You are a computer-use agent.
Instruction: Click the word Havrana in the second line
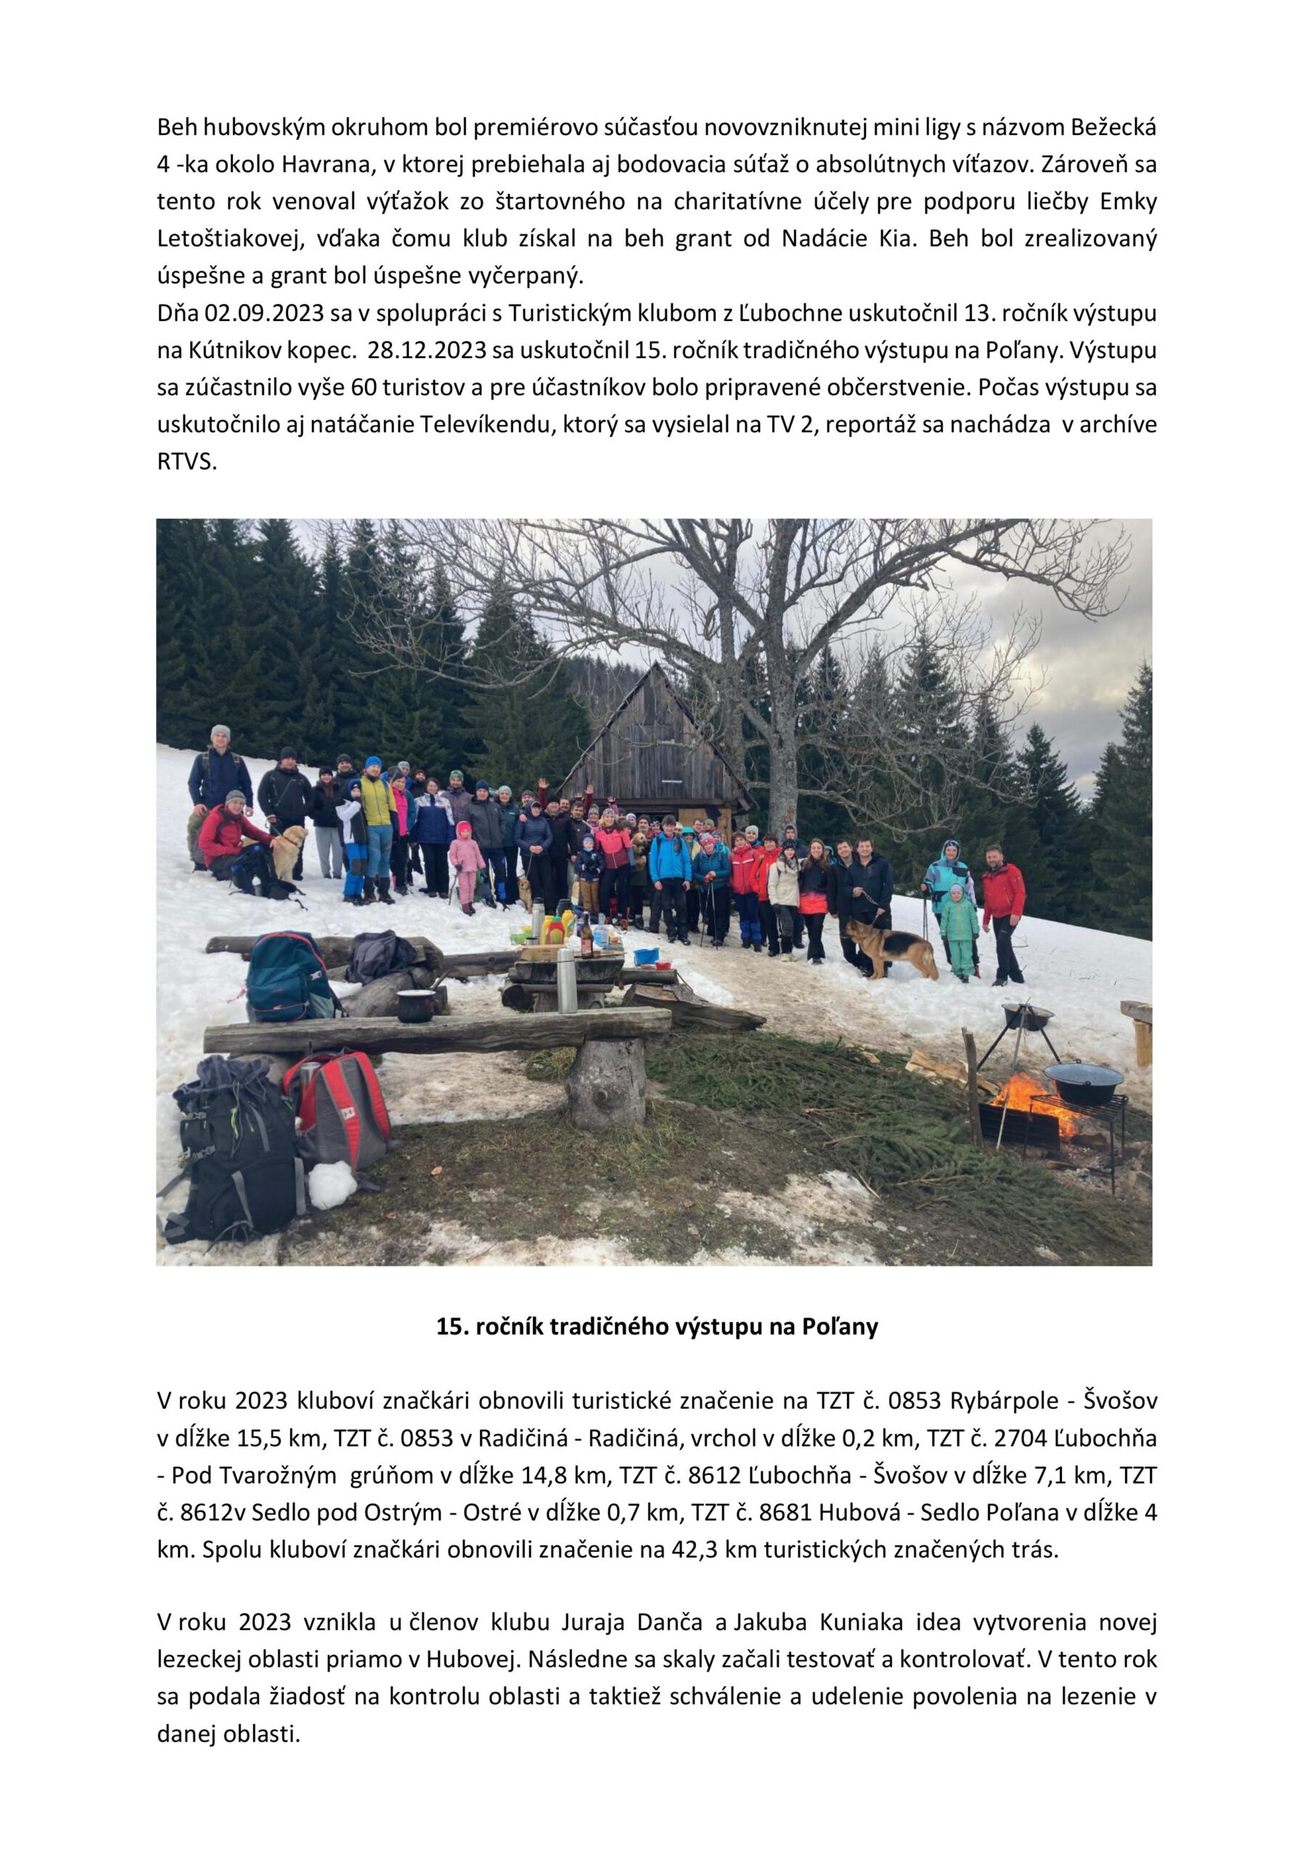pos(324,165)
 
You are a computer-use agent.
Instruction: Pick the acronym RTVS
pos(187,463)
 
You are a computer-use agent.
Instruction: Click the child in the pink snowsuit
pos(465,864)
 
